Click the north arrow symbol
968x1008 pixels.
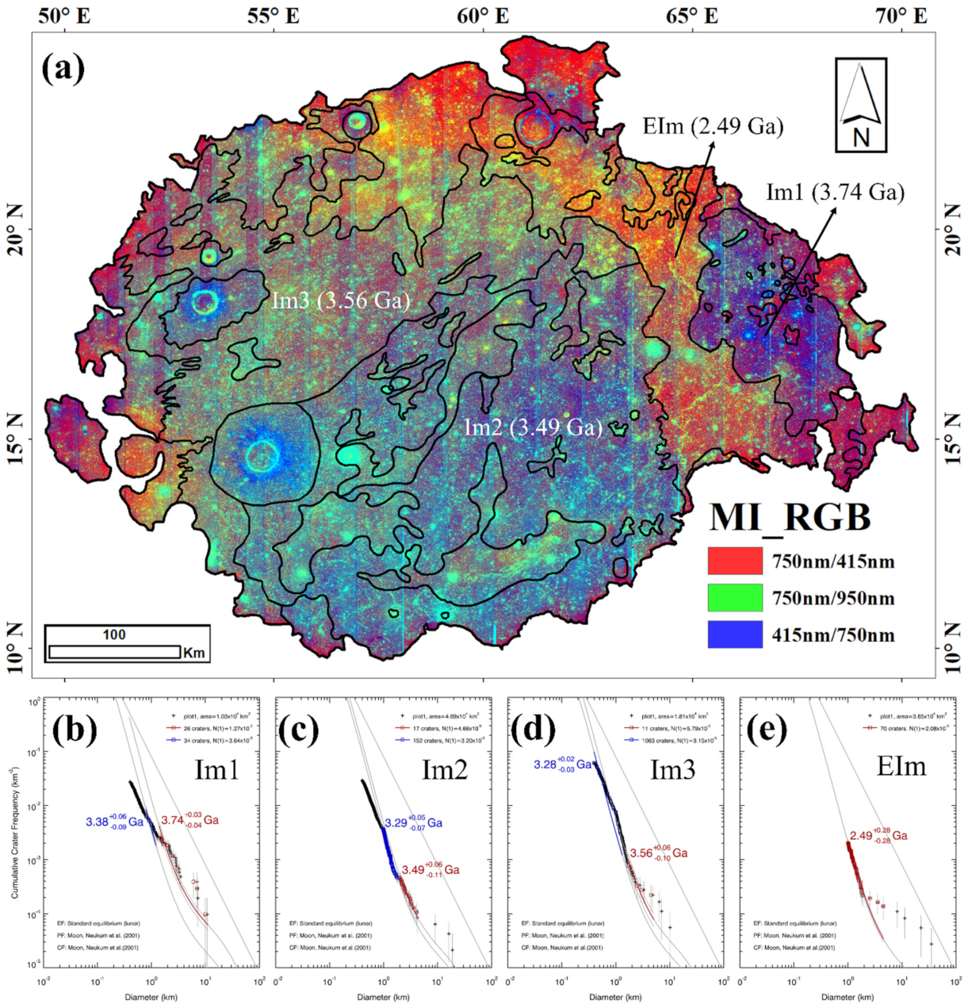[x=860, y=105]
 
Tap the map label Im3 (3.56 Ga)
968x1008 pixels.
[x=341, y=301]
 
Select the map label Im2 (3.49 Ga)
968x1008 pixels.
[x=533, y=427]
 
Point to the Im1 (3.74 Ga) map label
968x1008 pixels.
[x=835, y=191]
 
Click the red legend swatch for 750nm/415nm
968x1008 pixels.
[x=735, y=561]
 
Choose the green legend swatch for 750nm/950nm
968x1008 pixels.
[x=735, y=598]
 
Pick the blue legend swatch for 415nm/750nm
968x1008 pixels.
[x=735, y=634]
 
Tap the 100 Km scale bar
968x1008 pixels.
[x=114, y=651]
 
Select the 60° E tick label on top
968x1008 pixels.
[x=482, y=15]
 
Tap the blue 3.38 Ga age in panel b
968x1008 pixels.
[x=114, y=822]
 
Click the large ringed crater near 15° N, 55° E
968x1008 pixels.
[x=262, y=455]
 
